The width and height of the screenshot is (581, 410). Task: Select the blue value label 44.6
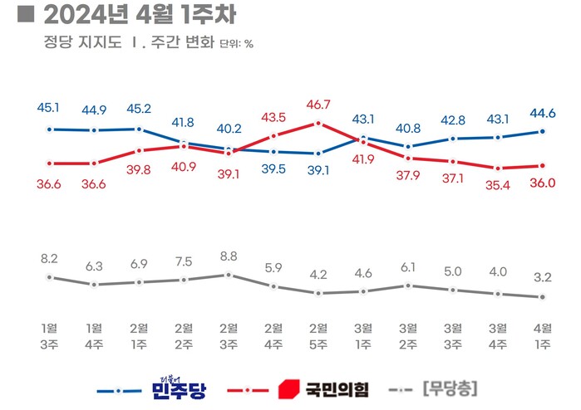[542, 114]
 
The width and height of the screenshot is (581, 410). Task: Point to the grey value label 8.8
[228, 257]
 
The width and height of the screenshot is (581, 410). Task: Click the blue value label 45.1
[49, 107]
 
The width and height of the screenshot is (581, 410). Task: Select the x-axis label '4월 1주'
[542, 334]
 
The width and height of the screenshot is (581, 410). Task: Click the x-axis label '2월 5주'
[318, 334]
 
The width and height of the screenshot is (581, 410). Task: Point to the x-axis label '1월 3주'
[49, 334]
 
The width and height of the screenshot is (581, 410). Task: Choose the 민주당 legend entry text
[178, 388]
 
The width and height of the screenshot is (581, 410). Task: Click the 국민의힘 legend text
[337, 388]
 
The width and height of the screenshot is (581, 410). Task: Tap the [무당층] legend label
[449, 388]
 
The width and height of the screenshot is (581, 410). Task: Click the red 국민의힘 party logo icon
[287, 388]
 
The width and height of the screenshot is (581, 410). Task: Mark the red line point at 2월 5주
[318, 124]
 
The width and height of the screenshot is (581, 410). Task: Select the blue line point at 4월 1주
[542, 131]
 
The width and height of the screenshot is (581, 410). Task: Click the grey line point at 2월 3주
[228, 275]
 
